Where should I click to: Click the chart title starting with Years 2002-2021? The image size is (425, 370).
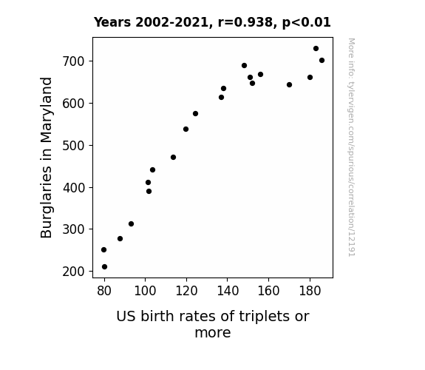[212, 22]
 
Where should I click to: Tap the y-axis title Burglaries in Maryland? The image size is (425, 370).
[46, 158]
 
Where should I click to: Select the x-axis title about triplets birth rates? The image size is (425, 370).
[213, 324]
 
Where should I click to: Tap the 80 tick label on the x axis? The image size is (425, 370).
[104, 291]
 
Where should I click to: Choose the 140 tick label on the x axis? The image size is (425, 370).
[228, 291]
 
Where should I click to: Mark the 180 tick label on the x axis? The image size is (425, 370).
[310, 291]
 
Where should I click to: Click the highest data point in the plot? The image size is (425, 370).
[316, 49]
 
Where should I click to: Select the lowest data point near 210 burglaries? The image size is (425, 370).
[104, 267]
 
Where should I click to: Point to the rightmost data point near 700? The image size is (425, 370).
[322, 60]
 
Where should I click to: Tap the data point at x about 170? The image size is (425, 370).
[289, 84]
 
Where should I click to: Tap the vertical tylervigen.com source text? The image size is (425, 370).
[351, 147]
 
